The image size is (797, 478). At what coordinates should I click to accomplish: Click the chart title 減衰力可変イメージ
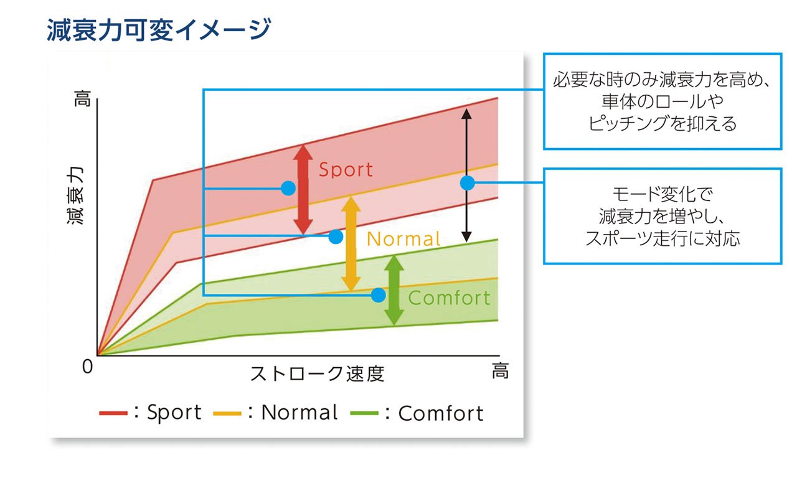(x=159, y=30)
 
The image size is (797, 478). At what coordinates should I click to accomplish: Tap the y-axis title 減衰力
(x=75, y=195)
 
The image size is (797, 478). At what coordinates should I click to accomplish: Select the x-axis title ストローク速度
(x=318, y=373)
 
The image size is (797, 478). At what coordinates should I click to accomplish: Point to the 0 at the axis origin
(x=88, y=367)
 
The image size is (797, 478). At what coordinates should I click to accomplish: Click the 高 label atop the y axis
(x=83, y=98)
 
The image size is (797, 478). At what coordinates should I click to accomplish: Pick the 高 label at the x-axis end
(x=500, y=371)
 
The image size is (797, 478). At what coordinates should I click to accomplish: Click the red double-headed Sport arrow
(x=303, y=189)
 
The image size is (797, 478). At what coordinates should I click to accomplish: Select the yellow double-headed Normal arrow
(x=351, y=244)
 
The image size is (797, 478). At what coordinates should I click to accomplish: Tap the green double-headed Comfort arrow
(x=394, y=291)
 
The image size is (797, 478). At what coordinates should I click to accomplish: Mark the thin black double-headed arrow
(x=466, y=176)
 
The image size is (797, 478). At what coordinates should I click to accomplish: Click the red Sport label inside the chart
(x=346, y=169)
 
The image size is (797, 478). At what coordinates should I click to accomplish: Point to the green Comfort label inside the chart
(x=449, y=298)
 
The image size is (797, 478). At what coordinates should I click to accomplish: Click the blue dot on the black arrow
(x=467, y=183)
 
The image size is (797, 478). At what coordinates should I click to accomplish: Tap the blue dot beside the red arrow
(x=288, y=188)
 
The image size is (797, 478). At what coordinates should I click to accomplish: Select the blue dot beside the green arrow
(x=378, y=295)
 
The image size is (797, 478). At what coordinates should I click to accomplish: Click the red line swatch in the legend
(x=113, y=413)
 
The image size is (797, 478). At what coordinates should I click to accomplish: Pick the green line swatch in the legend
(x=364, y=413)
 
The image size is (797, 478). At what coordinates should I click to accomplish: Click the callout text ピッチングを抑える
(x=662, y=123)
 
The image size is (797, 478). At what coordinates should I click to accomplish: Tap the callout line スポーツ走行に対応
(x=663, y=238)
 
